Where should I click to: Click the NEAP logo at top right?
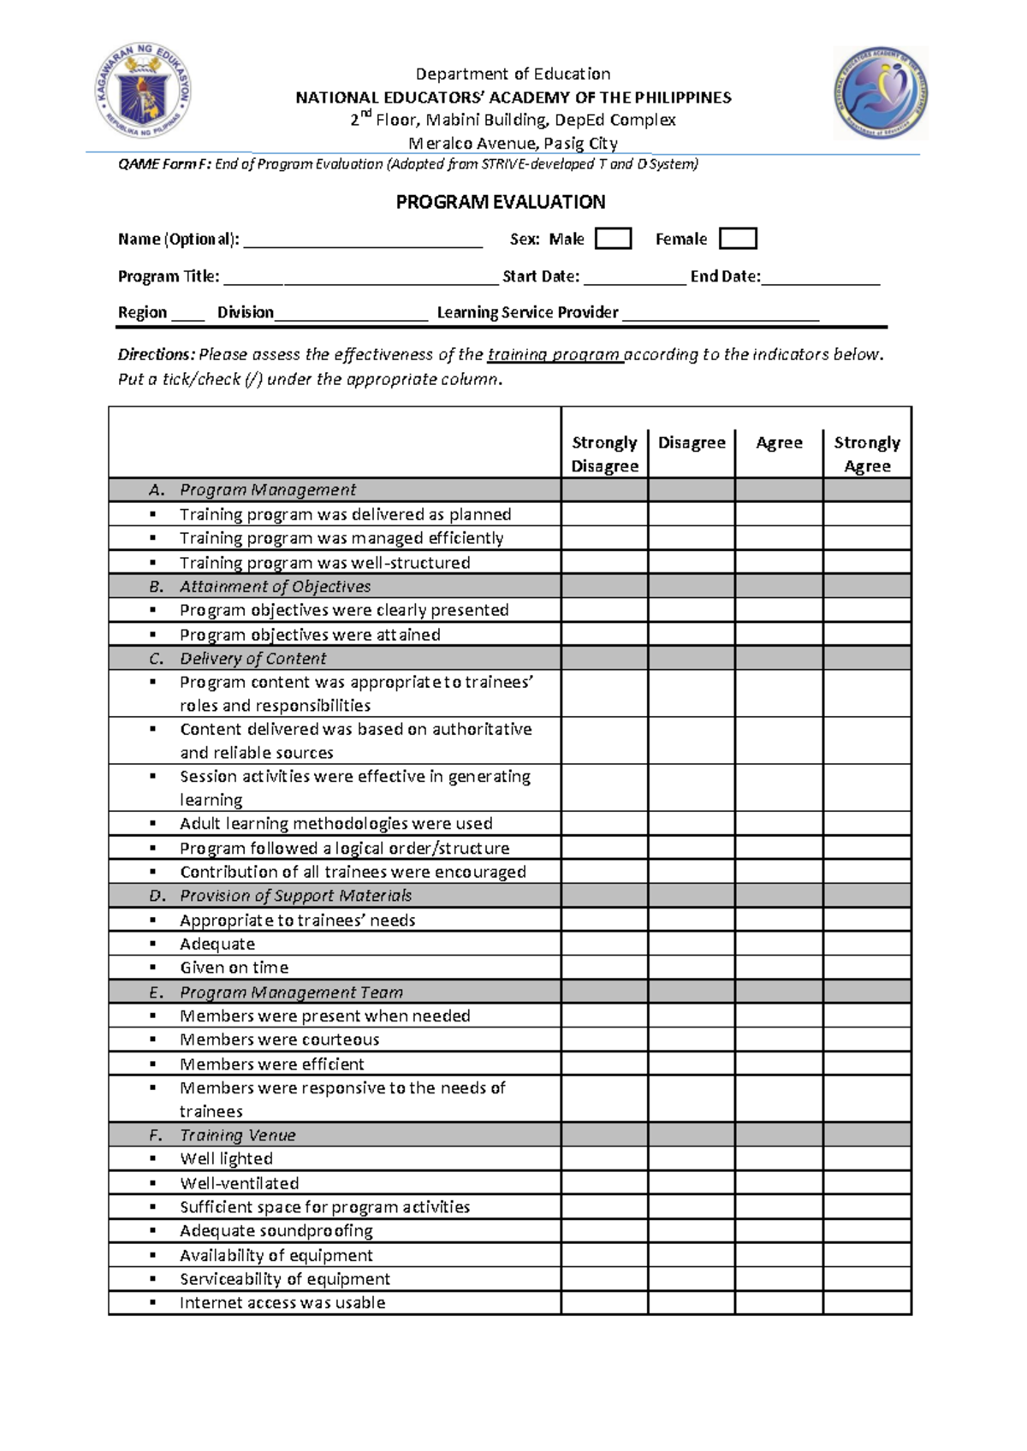[881, 92]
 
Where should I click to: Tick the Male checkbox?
[613, 239]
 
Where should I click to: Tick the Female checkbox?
[738, 239]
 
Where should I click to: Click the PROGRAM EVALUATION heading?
[500, 202]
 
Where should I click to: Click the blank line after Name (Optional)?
[363, 241]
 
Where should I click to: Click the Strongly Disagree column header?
[604, 453]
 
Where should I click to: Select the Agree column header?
[779, 442]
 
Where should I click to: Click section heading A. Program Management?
[267, 490]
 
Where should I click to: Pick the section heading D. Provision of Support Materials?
[294, 896]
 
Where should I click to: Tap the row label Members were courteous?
[279, 1039]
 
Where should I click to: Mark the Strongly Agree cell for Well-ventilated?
[866, 1183]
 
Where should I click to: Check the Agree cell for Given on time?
[778, 968]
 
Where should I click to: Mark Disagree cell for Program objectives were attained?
[691, 635]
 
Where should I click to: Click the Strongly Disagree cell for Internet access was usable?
[604, 1303]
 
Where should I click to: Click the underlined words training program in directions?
[554, 354]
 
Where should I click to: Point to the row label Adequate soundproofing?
[276, 1231]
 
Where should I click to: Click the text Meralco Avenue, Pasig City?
[513, 143]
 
